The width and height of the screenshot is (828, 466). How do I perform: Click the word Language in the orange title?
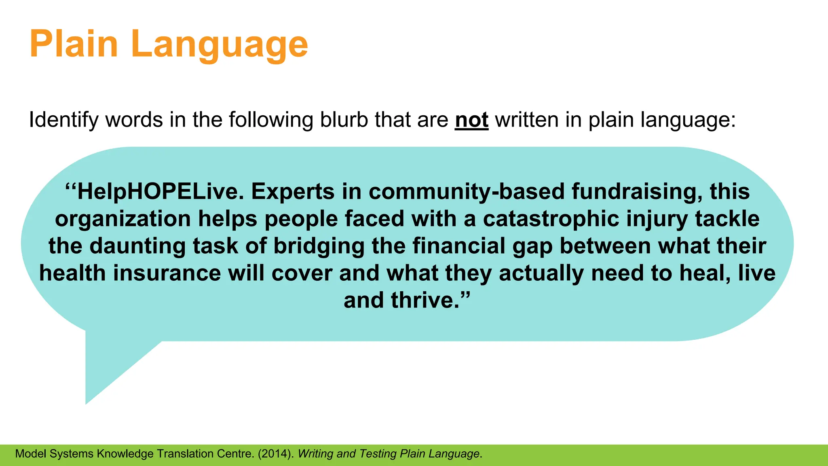tap(220, 44)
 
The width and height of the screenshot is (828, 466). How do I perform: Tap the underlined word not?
tap(471, 120)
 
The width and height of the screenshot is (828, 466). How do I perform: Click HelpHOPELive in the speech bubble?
tap(160, 192)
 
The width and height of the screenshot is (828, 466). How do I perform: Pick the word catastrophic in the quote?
tap(551, 219)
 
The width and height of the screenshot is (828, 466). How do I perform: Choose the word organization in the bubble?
tap(123, 219)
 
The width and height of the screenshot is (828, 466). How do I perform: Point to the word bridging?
tap(319, 246)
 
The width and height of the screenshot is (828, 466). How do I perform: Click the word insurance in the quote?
tap(167, 273)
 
